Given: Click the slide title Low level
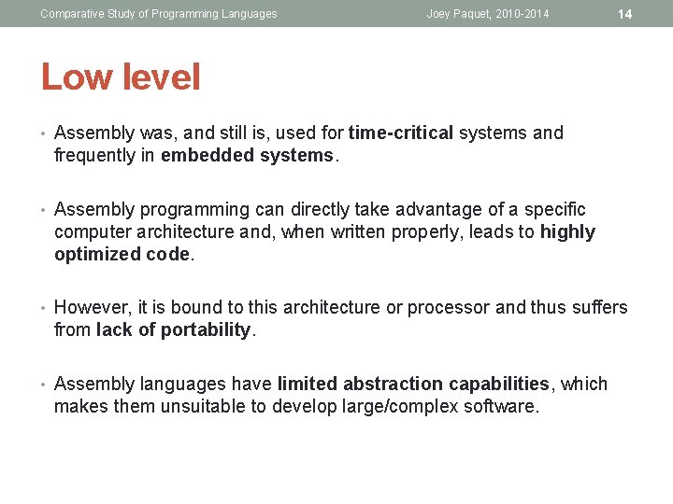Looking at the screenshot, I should pos(120,77).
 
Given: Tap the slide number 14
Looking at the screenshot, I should pos(625,14).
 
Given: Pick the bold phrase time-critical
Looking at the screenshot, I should pos(400,133).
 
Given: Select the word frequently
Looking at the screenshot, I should pos(95,156).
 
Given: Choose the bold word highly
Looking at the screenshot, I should pos(567,232).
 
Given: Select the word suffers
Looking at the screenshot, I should pos(595,308).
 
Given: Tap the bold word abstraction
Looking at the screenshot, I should pos(392,384).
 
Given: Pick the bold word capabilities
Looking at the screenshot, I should pos(498,384).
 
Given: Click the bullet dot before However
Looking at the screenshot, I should pos(44,308).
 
